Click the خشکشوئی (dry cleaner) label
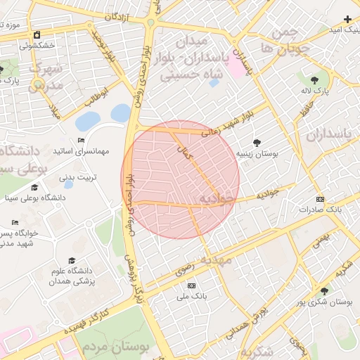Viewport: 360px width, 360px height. tap(36, 45)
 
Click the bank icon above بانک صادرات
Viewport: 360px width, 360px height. tap(320, 199)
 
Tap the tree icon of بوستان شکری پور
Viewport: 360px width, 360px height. tap(323, 290)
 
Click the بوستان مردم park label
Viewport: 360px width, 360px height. tap(112, 347)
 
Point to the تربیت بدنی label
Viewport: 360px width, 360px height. tap(77, 176)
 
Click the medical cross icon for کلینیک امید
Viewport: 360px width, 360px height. tap(347, 19)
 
